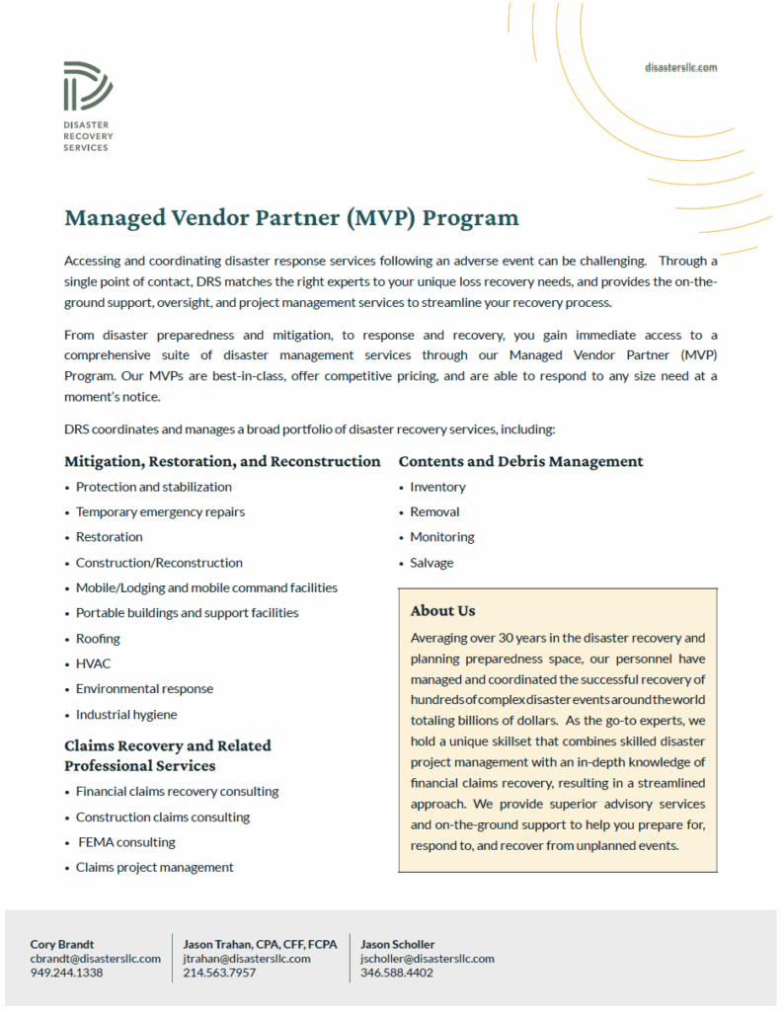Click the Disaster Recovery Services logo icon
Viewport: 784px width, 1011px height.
[87, 86]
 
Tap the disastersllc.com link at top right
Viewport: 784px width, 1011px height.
[679, 67]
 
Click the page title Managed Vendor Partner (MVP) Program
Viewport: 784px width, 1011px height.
[291, 217]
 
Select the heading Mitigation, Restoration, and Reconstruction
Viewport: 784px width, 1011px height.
[222, 461]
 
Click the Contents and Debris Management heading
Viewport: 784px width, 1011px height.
[520, 461]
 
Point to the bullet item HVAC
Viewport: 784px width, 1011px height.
[94, 663]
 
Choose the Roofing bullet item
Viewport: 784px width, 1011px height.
[98, 639]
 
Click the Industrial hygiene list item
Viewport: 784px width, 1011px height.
[126, 714]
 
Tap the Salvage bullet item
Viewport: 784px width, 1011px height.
[431, 563]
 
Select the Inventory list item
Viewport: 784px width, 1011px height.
[437, 487]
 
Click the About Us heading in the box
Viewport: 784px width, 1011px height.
[442, 610]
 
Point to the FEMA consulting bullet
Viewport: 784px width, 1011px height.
[126, 842]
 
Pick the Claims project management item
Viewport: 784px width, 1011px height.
[154, 867]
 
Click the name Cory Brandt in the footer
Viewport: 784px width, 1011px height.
[62, 944]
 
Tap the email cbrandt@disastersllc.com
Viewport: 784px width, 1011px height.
[95, 959]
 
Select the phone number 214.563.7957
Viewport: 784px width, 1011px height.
[219, 972]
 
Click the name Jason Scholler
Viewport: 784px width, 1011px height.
[397, 944]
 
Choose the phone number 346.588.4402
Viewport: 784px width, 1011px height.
[397, 972]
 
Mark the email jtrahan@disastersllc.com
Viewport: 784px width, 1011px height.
[246, 959]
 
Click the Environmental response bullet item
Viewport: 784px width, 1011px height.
[144, 689]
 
